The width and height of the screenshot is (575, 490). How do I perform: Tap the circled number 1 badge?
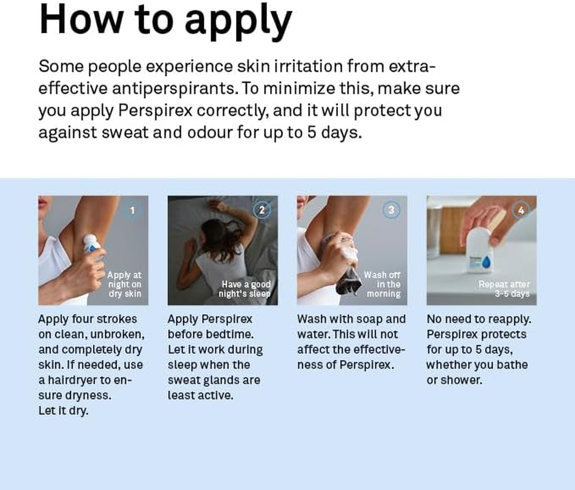click(x=132, y=211)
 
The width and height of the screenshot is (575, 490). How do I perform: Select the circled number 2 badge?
click(x=261, y=211)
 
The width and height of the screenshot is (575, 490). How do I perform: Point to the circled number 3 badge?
click(x=391, y=211)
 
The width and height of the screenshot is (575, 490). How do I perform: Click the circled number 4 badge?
click(x=521, y=211)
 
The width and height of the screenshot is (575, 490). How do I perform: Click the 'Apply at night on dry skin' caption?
click(x=124, y=284)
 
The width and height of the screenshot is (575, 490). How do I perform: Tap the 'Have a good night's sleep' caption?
click(x=245, y=289)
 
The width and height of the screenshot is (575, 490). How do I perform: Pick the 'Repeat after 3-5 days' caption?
click(x=504, y=289)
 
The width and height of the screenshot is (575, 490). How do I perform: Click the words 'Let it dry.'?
click(x=63, y=410)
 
